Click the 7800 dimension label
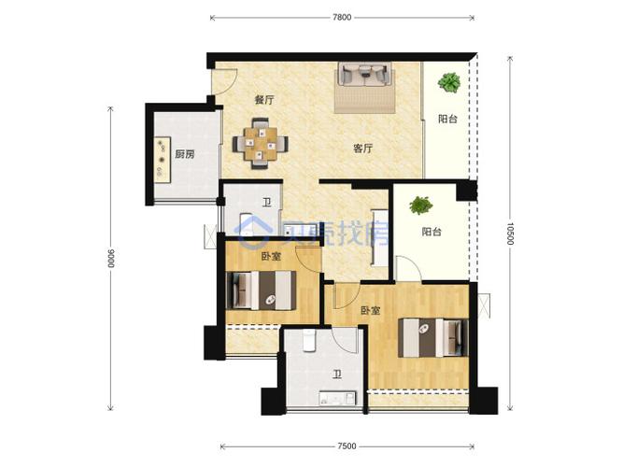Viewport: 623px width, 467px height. coord(342,17)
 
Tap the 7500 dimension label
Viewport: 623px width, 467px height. coord(347,446)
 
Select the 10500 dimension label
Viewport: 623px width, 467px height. coord(511,233)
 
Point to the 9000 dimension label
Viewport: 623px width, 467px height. coord(111,259)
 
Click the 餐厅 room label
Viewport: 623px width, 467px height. coord(264,100)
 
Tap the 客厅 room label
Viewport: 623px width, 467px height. coord(363,149)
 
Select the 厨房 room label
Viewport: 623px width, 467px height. coord(185,154)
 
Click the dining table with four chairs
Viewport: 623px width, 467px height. coord(261,144)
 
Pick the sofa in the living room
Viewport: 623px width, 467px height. coord(364,75)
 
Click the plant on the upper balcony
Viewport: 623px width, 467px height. coord(449,83)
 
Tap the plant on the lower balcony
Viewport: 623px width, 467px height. coord(420,205)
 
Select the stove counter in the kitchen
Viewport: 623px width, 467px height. coord(163,160)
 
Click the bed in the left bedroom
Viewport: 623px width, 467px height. coord(261,290)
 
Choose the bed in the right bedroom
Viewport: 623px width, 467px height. coord(433,337)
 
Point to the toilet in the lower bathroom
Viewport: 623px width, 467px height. coord(309,342)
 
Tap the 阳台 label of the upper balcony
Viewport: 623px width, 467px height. coord(447,119)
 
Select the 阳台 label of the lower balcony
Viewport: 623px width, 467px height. coord(432,232)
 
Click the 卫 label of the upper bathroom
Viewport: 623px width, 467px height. coord(267,203)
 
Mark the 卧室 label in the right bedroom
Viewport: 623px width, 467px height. coord(370,310)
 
